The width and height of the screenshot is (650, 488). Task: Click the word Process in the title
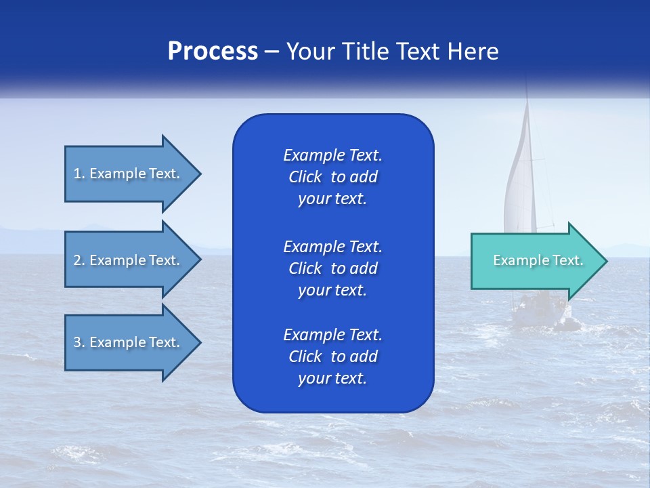pyautogui.click(x=213, y=52)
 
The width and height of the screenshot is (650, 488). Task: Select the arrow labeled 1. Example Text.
pyautogui.click(x=129, y=174)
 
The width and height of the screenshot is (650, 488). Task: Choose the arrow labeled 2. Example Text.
pyautogui.click(x=129, y=260)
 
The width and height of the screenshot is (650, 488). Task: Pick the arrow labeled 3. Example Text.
pyautogui.click(x=129, y=342)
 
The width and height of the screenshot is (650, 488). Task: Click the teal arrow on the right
pyautogui.click(x=535, y=261)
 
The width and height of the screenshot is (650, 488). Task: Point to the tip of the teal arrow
pyautogui.click(x=605, y=261)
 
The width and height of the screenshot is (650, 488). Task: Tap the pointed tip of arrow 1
pyautogui.click(x=199, y=174)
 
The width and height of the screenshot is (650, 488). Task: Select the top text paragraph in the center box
pyautogui.click(x=332, y=177)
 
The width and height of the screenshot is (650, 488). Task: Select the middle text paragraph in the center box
pyautogui.click(x=332, y=268)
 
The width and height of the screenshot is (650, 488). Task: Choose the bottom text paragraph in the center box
pyautogui.click(x=332, y=357)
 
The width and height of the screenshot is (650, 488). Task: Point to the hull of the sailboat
pyautogui.click(x=542, y=315)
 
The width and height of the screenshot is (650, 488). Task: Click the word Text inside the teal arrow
pyautogui.click(x=567, y=260)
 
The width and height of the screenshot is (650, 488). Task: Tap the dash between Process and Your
pyautogui.click(x=272, y=52)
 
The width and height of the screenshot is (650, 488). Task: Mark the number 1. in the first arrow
pyautogui.click(x=79, y=174)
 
